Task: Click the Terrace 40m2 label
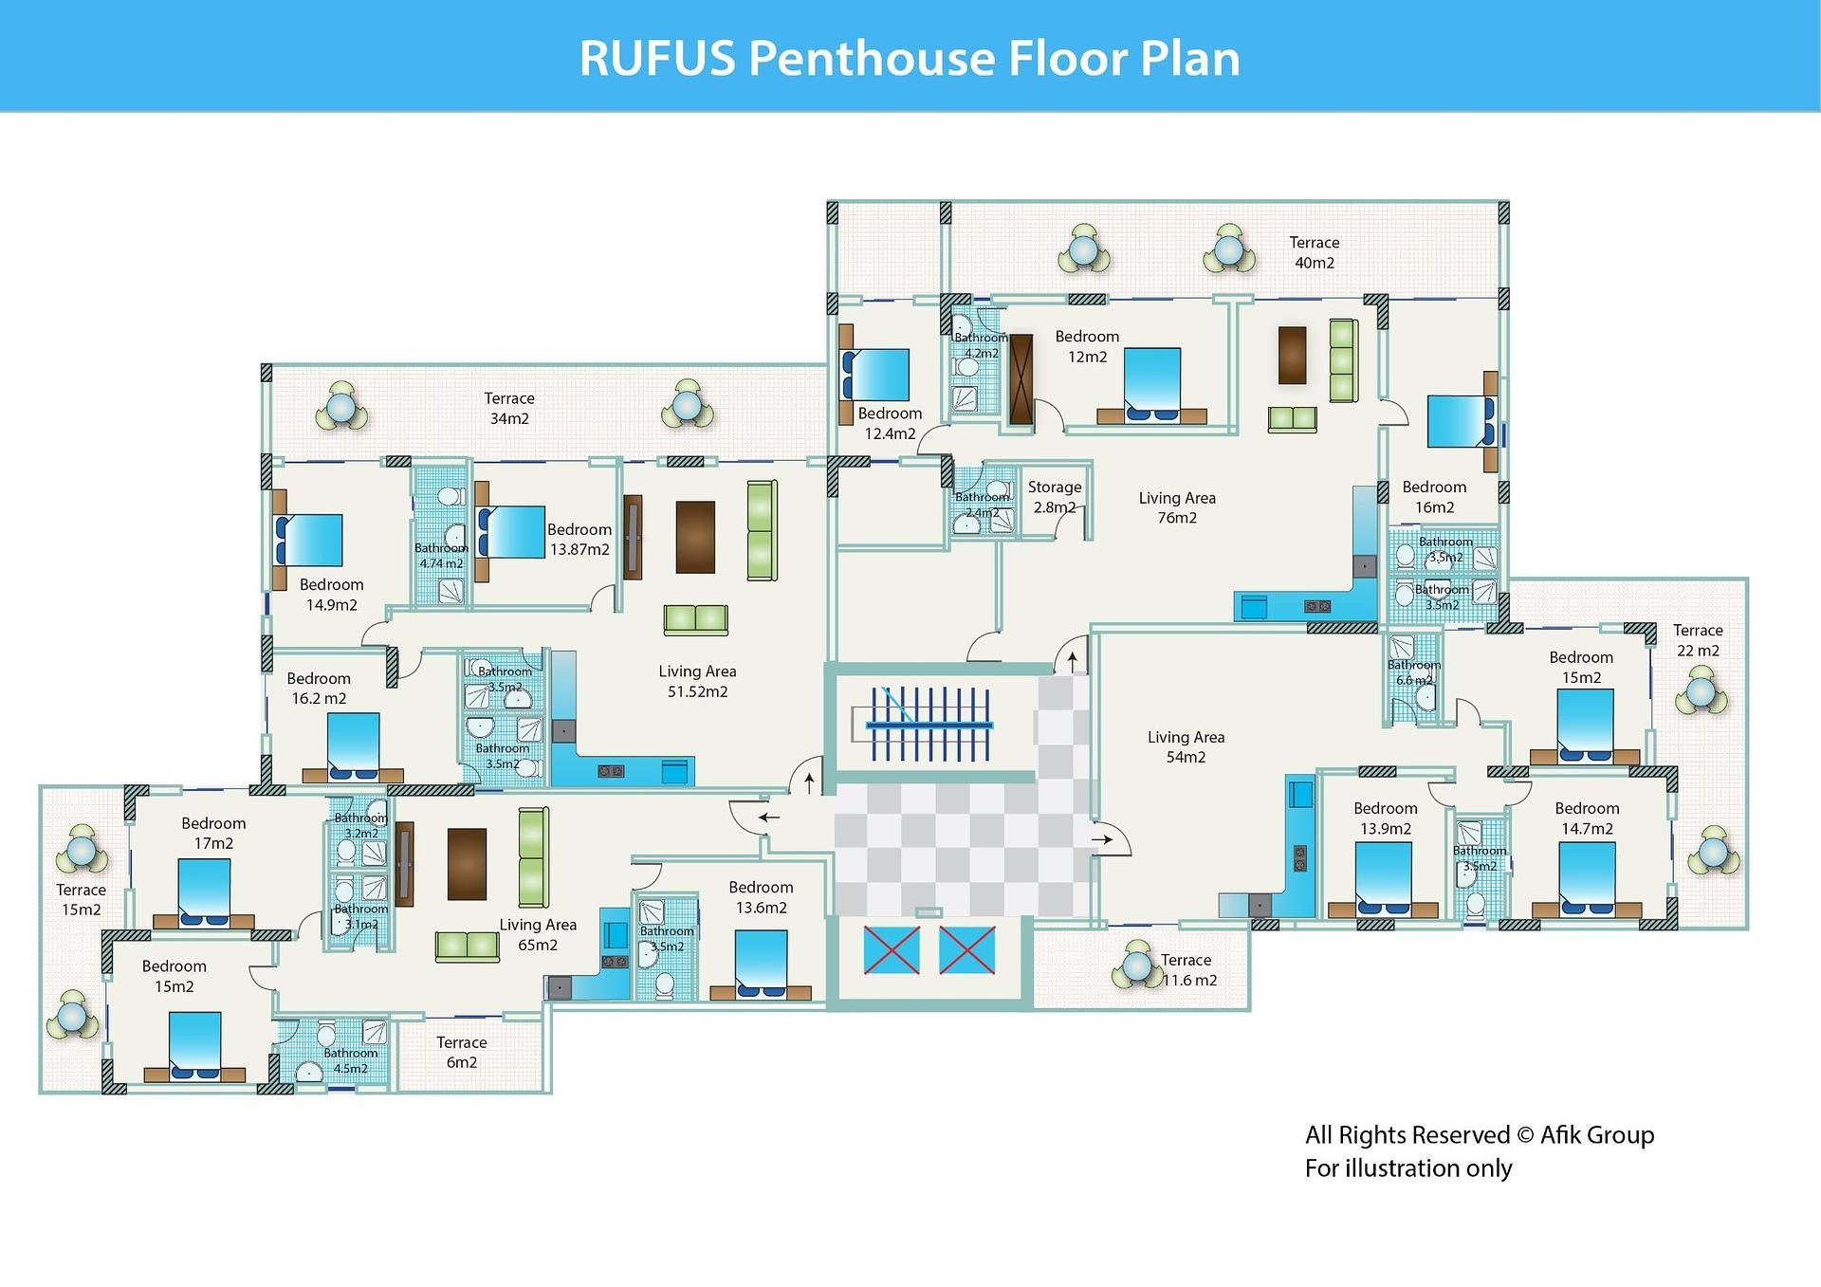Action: point(1314,253)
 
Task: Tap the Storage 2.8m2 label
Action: point(1055,497)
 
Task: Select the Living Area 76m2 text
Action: point(1177,507)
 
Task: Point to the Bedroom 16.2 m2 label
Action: point(319,689)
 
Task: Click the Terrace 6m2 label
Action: point(462,1052)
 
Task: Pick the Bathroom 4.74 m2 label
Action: point(441,556)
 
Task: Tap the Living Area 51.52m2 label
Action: point(697,681)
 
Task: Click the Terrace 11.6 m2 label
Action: point(1188,970)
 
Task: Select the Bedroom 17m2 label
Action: point(213,833)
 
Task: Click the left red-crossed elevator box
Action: point(892,950)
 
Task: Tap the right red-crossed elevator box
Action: point(966,950)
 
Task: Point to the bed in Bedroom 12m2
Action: point(1152,384)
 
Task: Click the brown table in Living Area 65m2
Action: point(467,864)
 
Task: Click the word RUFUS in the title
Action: point(657,58)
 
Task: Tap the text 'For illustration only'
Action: point(1408,1168)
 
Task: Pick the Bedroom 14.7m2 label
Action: point(1587,818)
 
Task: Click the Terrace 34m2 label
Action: point(509,408)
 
